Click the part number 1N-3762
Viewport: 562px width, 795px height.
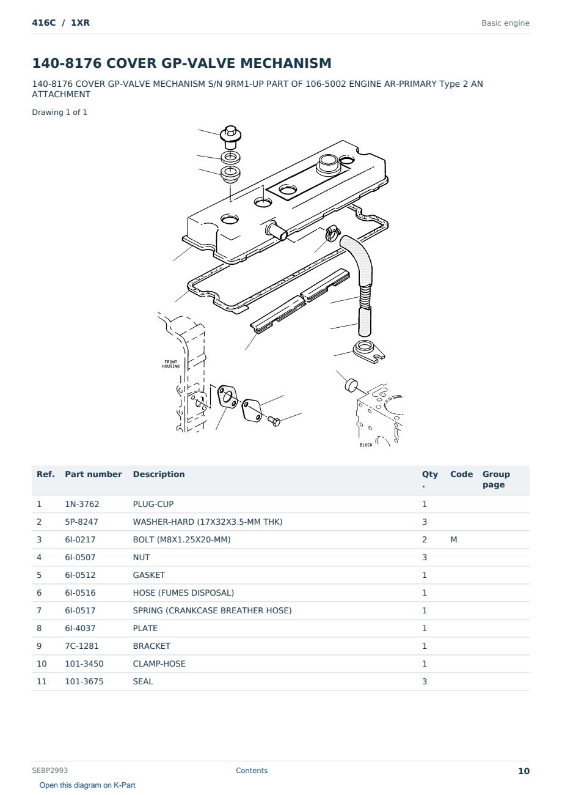tap(82, 504)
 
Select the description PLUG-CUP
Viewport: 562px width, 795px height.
tap(153, 504)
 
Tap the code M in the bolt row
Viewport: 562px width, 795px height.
tap(453, 539)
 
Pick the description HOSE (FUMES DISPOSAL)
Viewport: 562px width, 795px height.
tap(183, 593)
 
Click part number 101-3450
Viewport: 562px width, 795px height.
tap(84, 664)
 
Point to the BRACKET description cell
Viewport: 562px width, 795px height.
tap(151, 646)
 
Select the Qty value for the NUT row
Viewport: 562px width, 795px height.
tap(425, 557)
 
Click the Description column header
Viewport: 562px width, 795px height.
tap(158, 474)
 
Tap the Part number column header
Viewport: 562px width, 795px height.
tap(93, 474)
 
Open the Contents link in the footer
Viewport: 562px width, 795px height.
tap(252, 770)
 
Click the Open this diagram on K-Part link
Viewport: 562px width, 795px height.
tap(87, 785)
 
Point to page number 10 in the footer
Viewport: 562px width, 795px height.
tap(524, 771)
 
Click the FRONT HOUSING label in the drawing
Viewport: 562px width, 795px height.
tap(171, 364)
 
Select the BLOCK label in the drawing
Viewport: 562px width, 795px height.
tap(366, 445)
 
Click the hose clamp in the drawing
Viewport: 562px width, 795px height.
tap(332, 233)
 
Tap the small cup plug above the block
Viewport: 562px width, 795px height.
tap(351, 385)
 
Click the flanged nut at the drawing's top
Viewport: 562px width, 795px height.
tap(230, 137)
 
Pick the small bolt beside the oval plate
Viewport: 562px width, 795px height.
tap(274, 421)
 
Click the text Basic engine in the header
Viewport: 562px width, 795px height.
tap(505, 23)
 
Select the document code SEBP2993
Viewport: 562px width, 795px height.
tap(49, 770)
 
